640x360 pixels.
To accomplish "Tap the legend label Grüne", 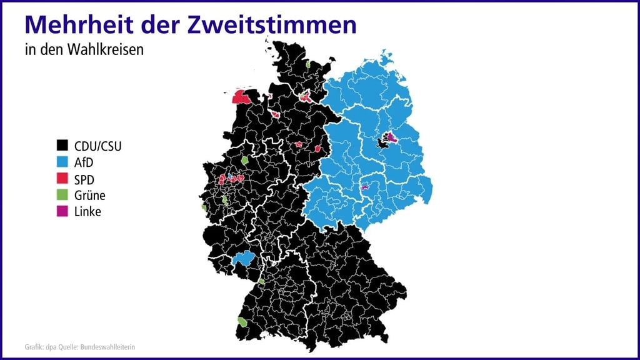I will click(x=89, y=195).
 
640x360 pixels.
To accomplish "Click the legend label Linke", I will click(x=87, y=211).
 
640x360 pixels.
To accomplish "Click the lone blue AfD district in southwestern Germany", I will click(x=243, y=258).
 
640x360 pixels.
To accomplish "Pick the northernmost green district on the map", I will click(x=308, y=64).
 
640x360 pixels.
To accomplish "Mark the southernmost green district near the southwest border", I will click(x=242, y=321).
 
